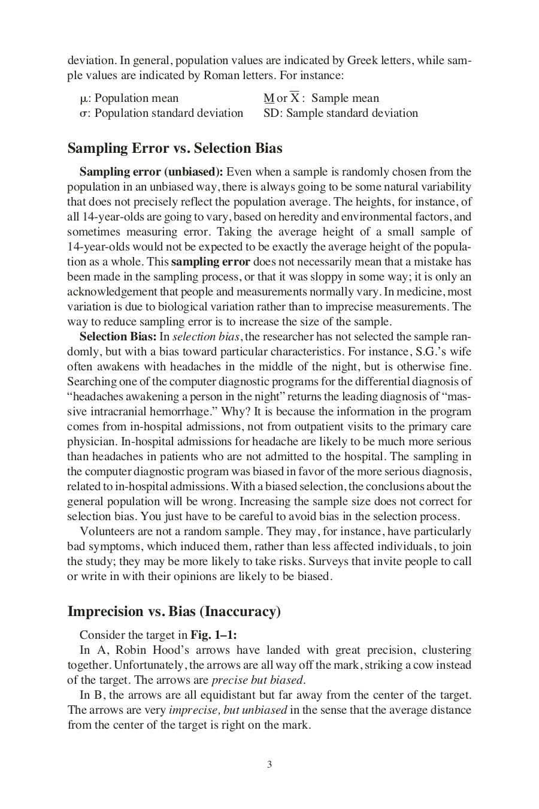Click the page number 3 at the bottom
click(269, 764)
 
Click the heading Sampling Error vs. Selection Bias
click(175, 148)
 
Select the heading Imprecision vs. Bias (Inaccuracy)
click(174, 611)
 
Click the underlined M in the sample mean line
click(268, 98)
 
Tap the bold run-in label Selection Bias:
click(118, 337)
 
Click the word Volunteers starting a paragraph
click(106, 532)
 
